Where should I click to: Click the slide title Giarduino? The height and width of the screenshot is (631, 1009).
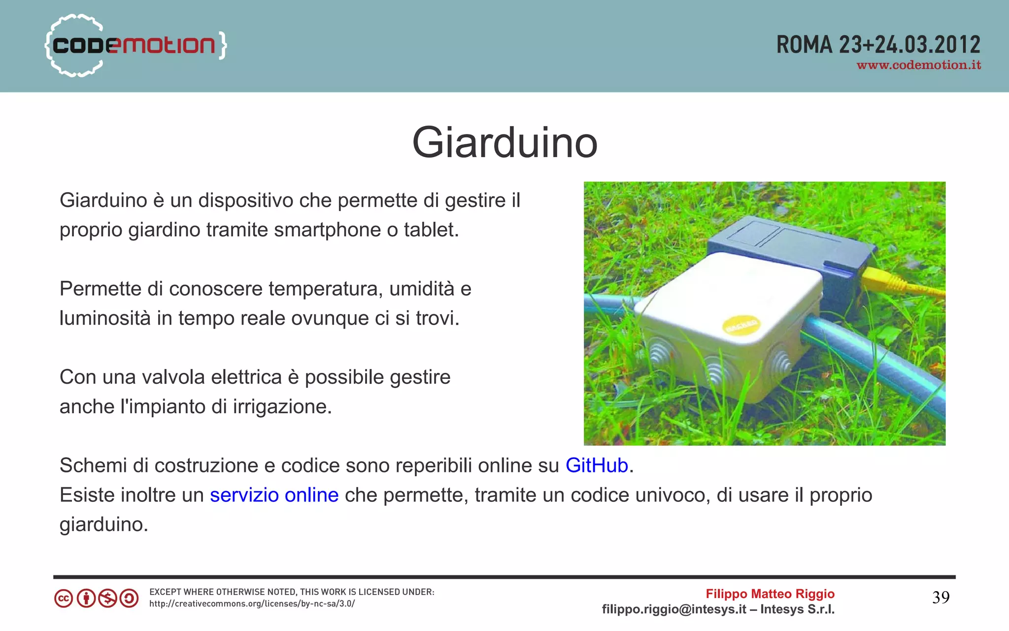[x=504, y=142]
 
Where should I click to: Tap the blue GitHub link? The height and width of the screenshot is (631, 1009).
[x=597, y=465]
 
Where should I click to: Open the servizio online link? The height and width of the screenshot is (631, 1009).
[x=274, y=495]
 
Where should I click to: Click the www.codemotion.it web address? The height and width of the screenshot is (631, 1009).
[x=919, y=66]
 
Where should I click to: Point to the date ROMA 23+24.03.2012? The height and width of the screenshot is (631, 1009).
[x=878, y=45]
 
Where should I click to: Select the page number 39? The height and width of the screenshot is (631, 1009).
[x=941, y=598]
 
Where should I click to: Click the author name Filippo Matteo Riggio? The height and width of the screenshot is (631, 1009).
[x=770, y=594]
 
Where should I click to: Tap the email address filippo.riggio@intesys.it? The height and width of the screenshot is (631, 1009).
[x=673, y=609]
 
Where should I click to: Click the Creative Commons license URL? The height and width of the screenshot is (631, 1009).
[x=252, y=604]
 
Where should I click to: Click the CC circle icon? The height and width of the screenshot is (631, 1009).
[x=64, y=598]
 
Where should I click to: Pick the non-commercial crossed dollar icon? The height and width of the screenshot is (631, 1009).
[x=107, y=598]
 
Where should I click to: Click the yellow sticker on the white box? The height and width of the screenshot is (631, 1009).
[x=740, y=325]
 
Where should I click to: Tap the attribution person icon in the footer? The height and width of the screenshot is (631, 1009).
[x=86, y=598]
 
